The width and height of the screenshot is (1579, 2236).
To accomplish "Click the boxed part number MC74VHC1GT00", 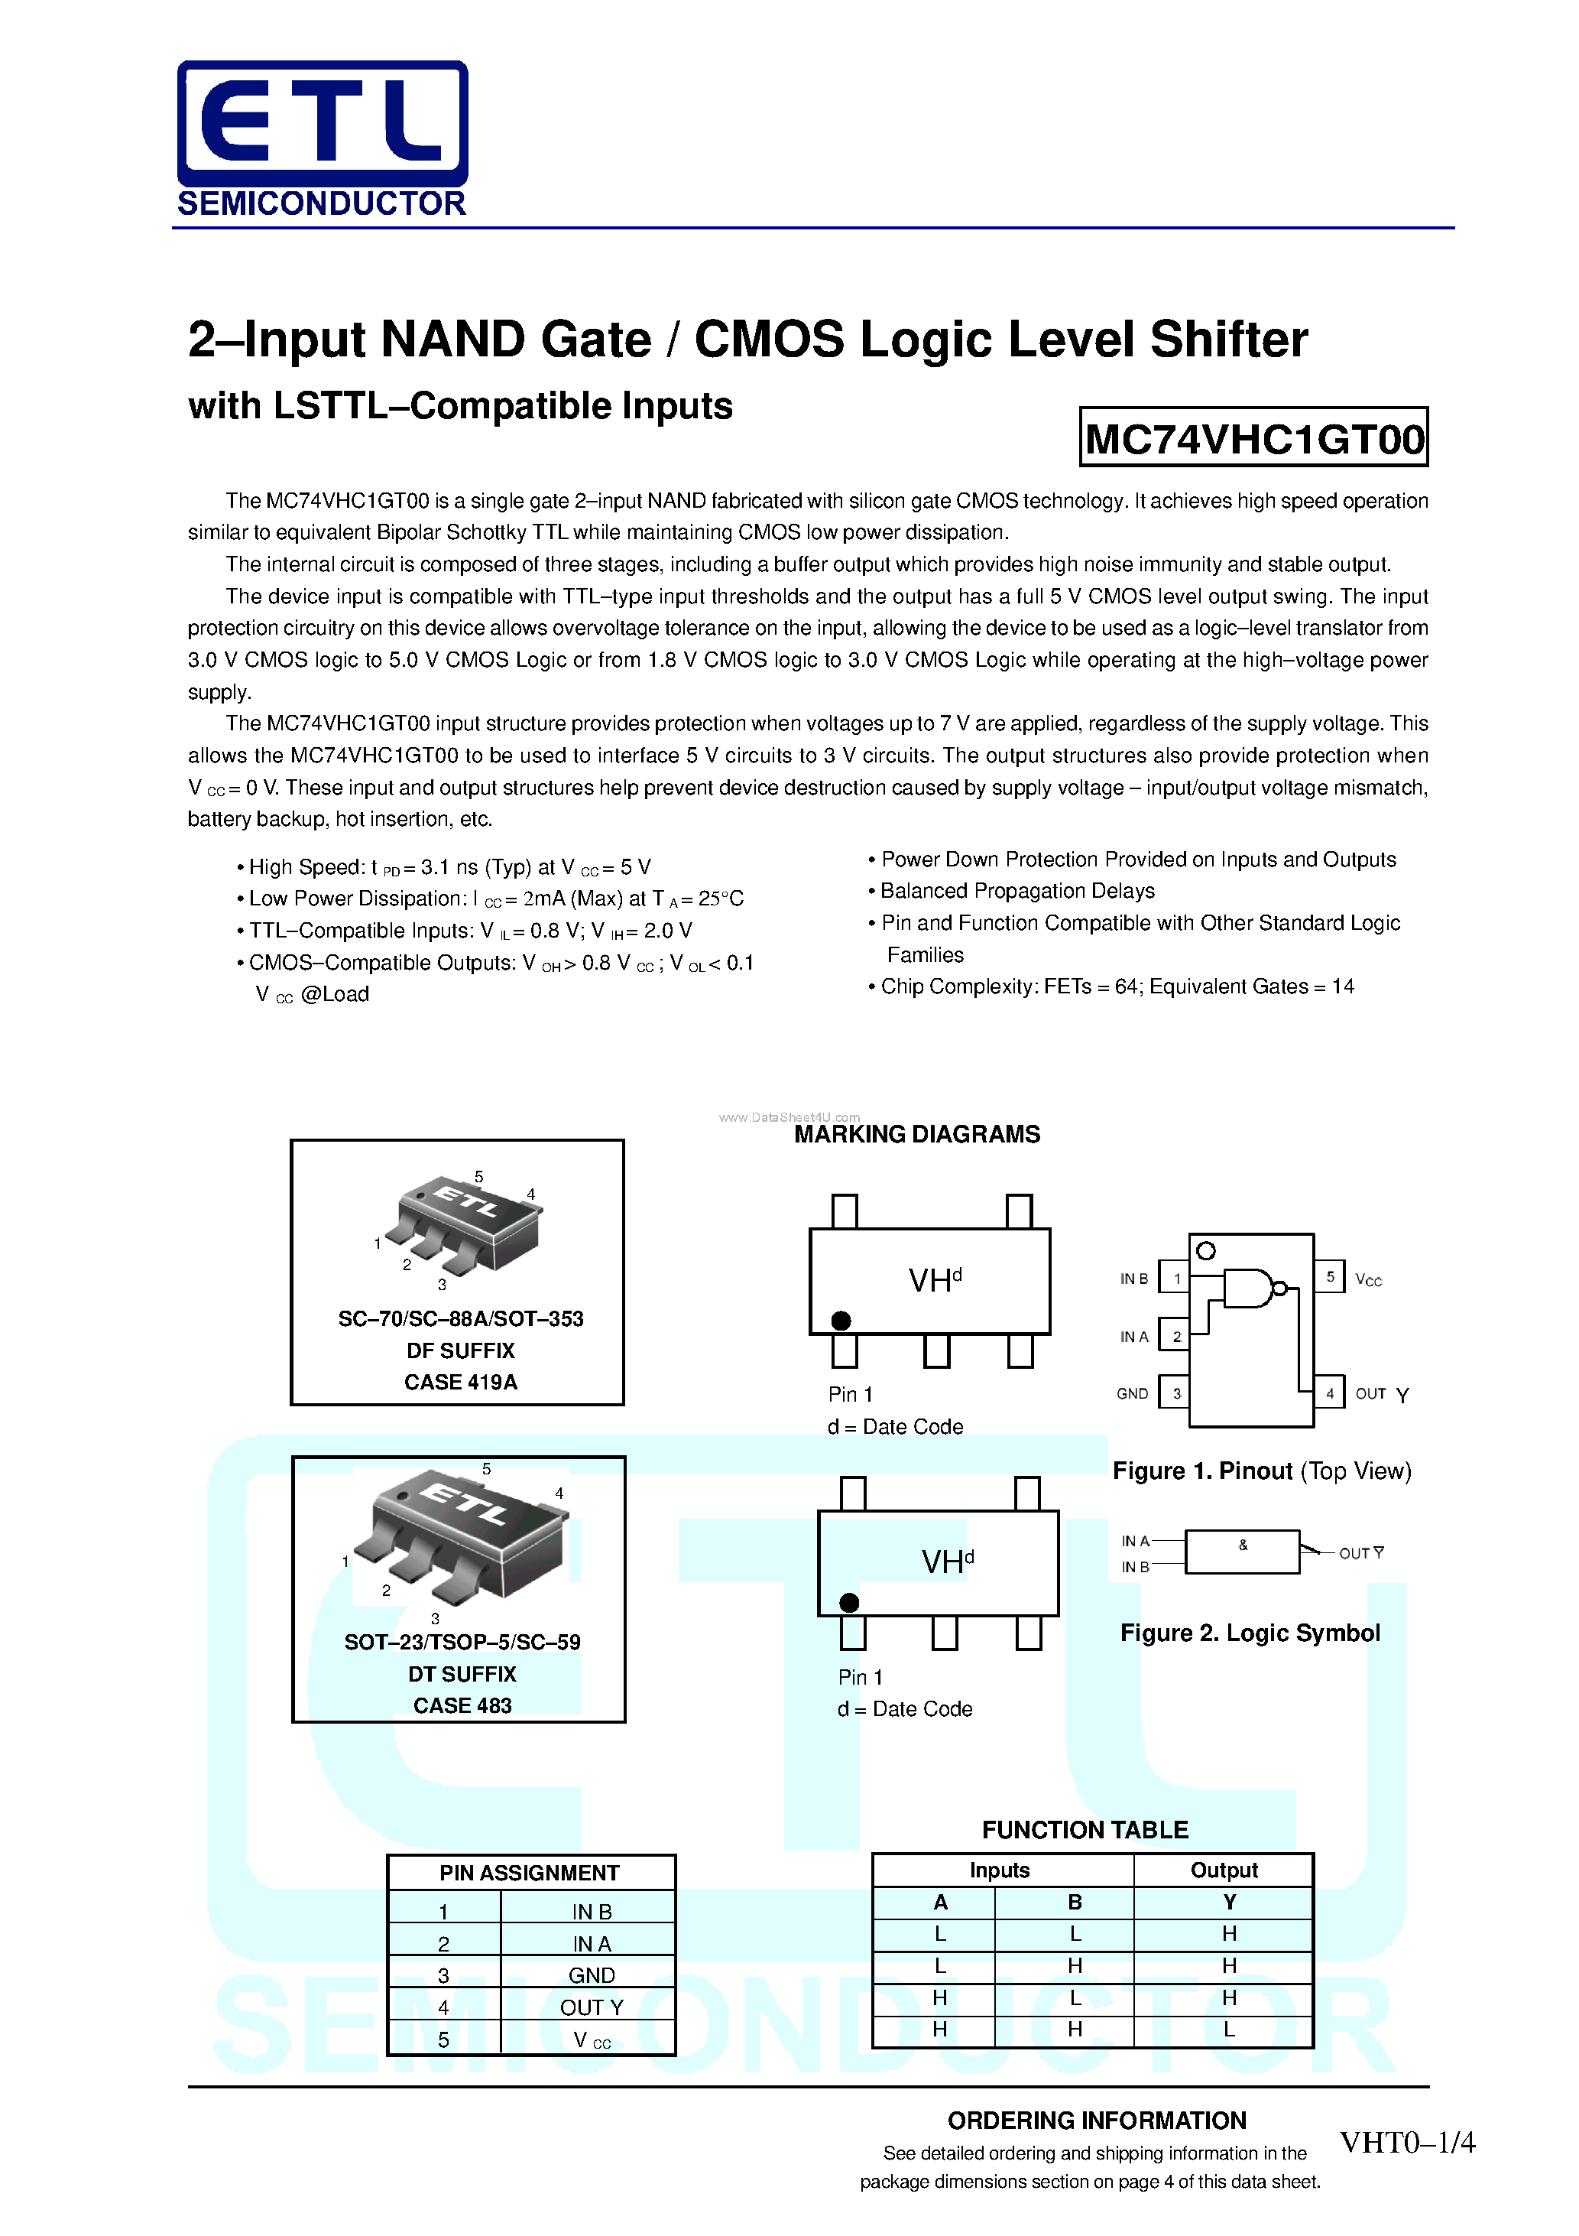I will coord(1254,438).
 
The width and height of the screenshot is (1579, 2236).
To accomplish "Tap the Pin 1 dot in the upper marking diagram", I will coord(841,1321).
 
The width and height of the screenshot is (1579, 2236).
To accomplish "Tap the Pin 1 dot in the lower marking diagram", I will coord(849,1602).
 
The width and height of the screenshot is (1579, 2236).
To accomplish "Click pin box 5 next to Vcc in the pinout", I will coord(1330,1277).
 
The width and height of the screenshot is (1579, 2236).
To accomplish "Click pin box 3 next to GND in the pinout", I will coord(1176,1393).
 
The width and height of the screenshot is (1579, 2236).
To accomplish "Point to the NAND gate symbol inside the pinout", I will coord(1249,1289).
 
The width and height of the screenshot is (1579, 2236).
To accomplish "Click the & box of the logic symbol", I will coord(1242,1552).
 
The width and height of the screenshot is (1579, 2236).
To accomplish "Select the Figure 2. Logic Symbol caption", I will coord(1249,1633).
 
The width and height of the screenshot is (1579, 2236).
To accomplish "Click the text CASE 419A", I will coord(460,1382).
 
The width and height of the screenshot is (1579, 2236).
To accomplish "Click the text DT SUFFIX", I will coord(462,1674).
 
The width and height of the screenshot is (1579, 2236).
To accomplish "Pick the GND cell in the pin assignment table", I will coord(591,1975).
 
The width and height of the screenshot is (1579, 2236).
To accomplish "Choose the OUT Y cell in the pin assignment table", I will coord(591,2007).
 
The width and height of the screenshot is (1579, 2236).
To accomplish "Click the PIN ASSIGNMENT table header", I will coord(529,1873).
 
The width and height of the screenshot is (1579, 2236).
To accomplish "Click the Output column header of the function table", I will coord(1224,1870).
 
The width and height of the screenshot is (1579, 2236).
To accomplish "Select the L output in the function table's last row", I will coord(1228,2030).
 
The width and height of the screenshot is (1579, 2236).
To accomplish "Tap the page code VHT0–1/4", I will coord(1407,2143).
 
